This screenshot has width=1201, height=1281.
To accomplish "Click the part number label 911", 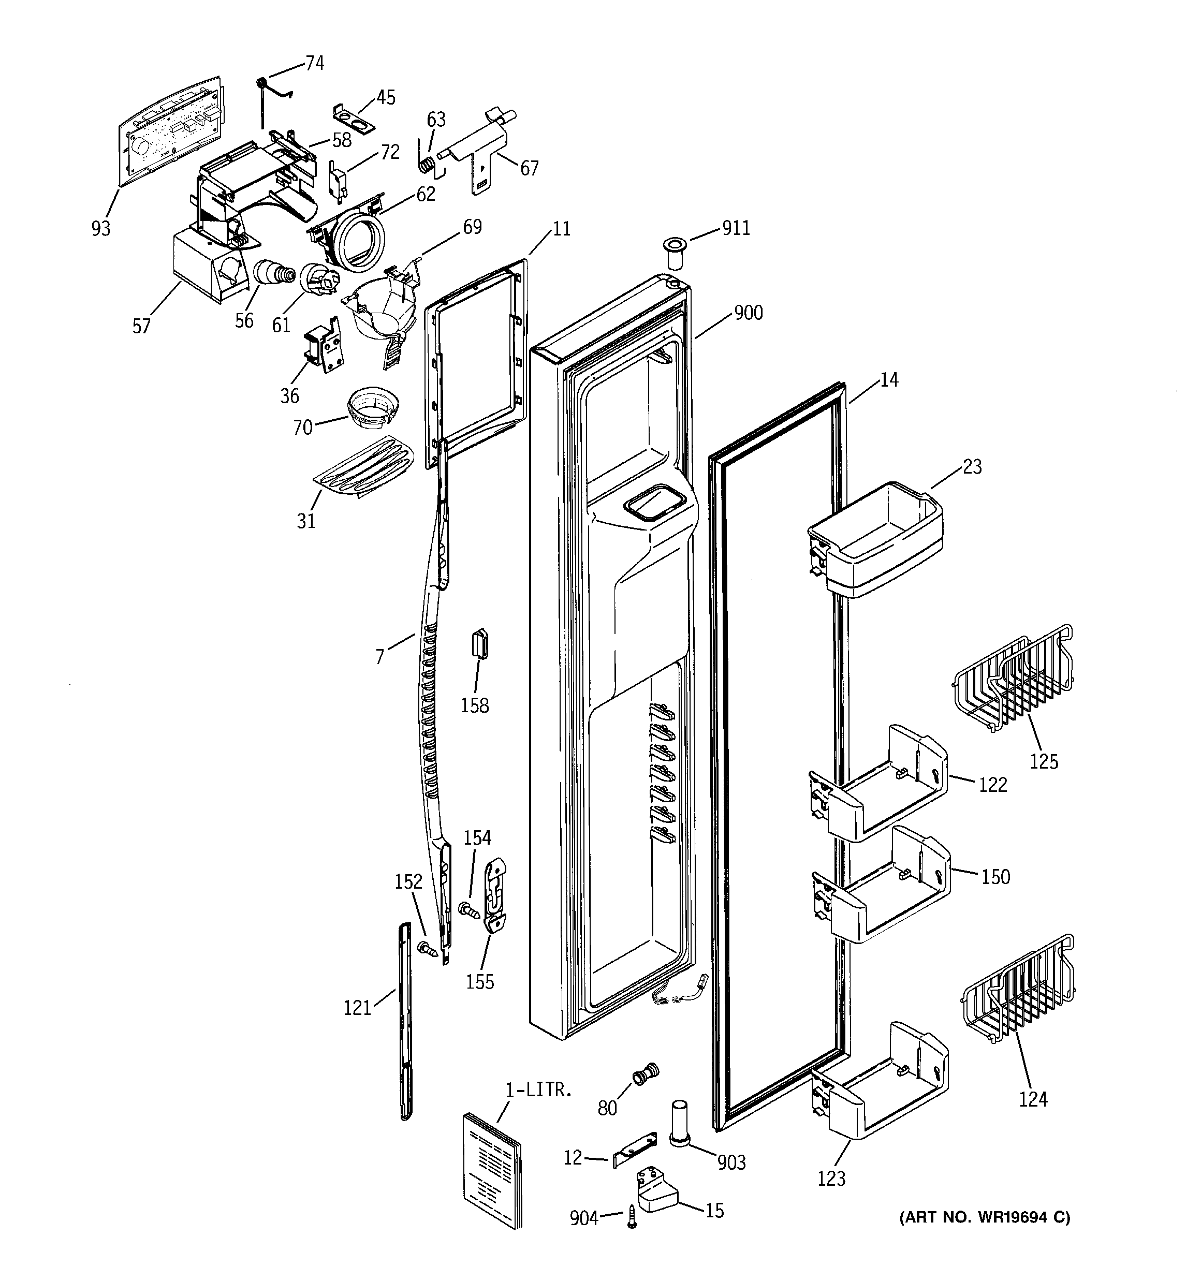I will pos(736,229).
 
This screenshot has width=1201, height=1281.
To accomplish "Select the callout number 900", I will pos(748,313).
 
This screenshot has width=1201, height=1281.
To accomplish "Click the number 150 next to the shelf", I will pos(995,877).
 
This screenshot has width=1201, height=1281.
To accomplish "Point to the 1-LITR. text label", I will pos(538,1090).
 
